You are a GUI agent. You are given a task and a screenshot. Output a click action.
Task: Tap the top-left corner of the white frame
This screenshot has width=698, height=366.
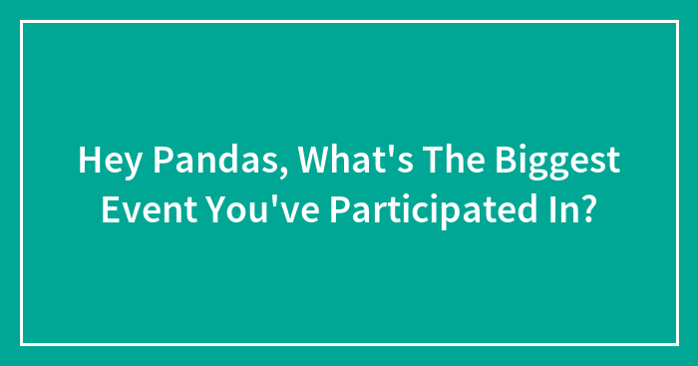click(x=22, y=22)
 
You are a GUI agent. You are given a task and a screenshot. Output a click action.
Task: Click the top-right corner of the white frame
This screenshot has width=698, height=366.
click(x=676, y=22)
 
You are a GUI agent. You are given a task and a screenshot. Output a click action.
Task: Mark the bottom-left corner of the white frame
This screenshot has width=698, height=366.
click(x=22, y=344)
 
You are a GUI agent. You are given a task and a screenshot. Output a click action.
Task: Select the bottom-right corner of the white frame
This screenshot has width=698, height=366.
click(x=676, y=344)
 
